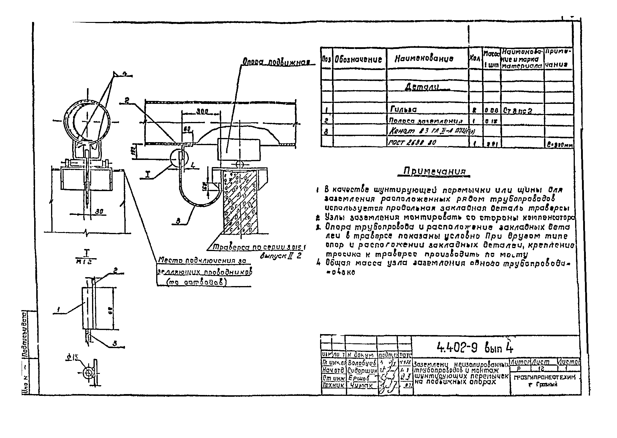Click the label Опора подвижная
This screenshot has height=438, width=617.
coord(276,63)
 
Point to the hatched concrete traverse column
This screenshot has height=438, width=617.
coord(241,205)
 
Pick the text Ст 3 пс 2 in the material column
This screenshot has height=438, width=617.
coord(517,111)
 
